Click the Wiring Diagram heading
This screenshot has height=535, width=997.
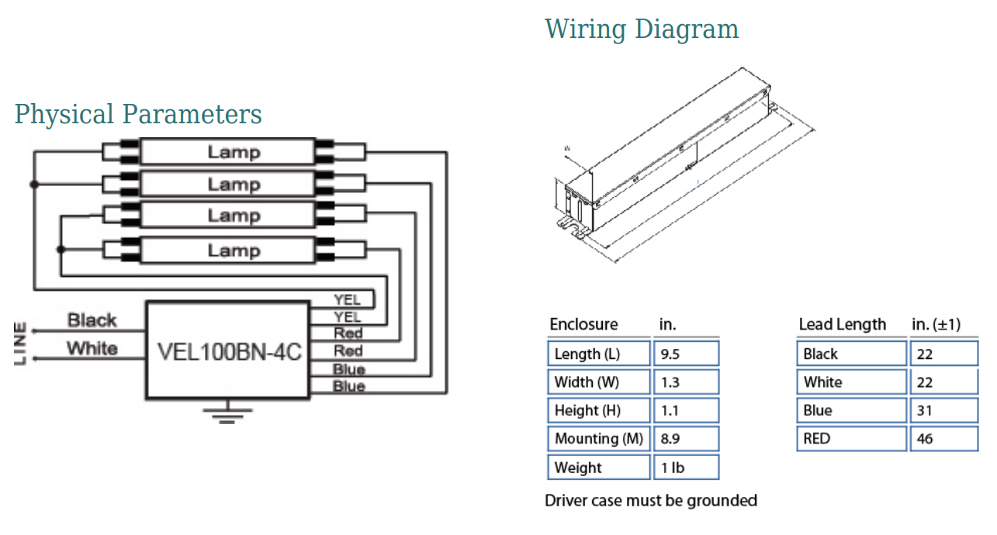click(x=642, y=29)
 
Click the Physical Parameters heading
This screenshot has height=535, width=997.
click(x=138, y=115)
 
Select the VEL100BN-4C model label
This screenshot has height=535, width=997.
click(x=229, y=351)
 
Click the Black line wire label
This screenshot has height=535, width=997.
click(x=92, y=320)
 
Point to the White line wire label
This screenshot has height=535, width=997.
click(x=92, y=348)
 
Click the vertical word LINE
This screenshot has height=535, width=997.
click(x=21, y=343)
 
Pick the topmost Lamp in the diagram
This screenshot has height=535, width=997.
click(x=233, y=151)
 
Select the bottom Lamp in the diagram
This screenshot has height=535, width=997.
click(x=233, y=250)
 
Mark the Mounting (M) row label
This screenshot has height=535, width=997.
click(x=598, y=439)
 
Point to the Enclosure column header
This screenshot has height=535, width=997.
click(x=583, y=324)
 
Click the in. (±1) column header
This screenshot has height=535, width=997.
click(x=936, y=324)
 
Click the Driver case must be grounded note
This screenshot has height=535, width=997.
click(x=650, y=501)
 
